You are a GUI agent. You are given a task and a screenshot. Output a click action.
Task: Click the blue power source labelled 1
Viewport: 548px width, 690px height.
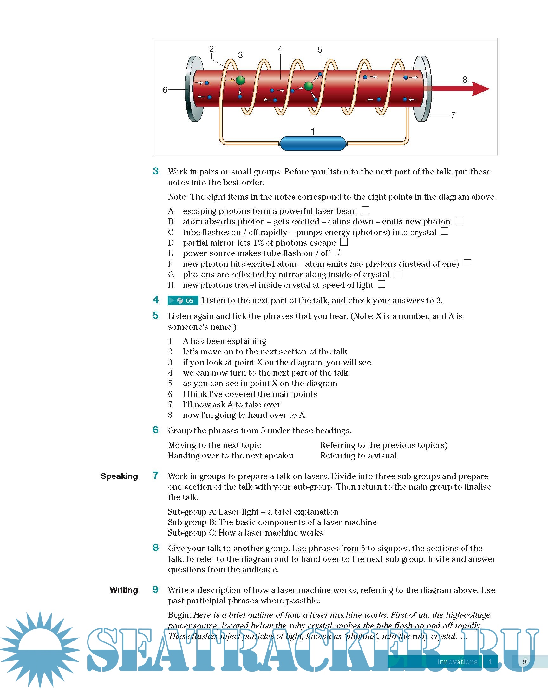(x=313, y=143)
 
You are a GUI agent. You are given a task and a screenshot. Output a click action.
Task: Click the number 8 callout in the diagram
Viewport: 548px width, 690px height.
(x=465, y=80)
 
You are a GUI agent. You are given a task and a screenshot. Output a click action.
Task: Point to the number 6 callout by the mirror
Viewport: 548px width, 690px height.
(x=165, y=90)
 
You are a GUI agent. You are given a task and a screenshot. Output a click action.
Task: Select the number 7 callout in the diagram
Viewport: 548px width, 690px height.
(x=453, y=115)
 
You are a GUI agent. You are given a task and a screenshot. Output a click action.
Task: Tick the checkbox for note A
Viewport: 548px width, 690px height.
(x=365, y=210)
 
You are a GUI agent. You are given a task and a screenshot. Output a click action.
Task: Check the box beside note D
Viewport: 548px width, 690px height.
(x=344, y=242)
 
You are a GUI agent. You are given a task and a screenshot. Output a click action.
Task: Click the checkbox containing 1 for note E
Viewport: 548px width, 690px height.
(x=338, y=253)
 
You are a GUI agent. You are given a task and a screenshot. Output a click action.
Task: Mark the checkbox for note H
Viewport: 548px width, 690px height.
(x=382, y=284)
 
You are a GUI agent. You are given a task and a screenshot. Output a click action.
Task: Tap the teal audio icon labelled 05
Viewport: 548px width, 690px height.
(x=183, y=300)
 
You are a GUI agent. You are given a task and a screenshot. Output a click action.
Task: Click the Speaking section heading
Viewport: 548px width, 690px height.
(x=119, y=476)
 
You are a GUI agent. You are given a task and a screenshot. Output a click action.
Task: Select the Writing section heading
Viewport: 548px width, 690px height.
(x=123, y=590)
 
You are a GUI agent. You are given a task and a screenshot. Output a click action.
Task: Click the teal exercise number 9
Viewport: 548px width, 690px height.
(x=155, y=589)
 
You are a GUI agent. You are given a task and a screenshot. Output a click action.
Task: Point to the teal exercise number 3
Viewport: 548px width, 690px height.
(x=155, y=171)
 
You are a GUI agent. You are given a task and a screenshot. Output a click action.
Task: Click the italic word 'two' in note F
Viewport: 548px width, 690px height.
(x=356, y=264)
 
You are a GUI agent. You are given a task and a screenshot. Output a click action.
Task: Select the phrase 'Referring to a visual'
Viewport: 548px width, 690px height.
(x=358, y=456)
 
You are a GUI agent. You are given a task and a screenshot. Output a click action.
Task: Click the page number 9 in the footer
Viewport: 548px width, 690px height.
(x=524, y=662)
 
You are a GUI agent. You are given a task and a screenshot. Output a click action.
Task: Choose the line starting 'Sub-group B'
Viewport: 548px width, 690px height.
(x=272, y=522)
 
